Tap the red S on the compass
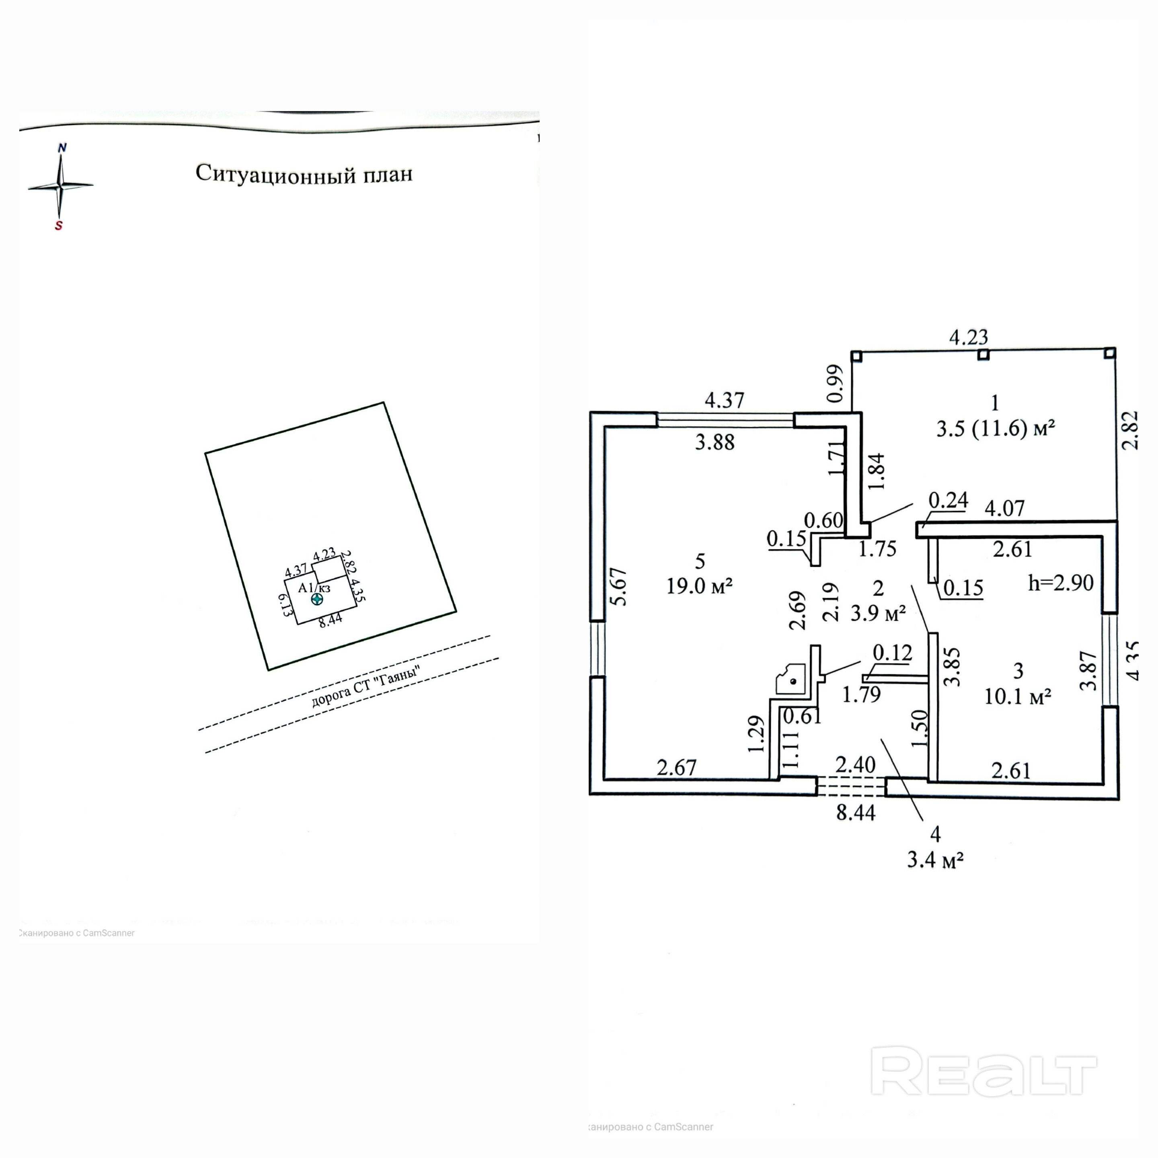(59, 226)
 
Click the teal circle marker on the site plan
(316, 599)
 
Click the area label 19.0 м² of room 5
(700, 585)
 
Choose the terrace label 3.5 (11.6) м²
(996, 429)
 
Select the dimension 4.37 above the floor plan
(724, 400)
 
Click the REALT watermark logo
(983, 1080)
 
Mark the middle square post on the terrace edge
(983, 355)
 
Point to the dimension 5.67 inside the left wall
(620, 587)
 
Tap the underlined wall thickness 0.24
(948, 500)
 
